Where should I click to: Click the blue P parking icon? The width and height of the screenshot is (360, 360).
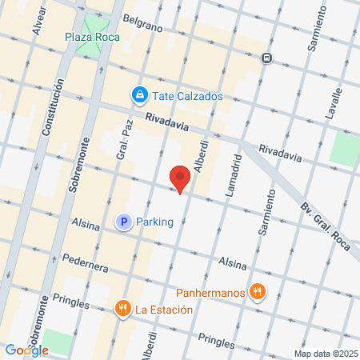pos(124,222)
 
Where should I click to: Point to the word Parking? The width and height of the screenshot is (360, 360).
pos(154,222)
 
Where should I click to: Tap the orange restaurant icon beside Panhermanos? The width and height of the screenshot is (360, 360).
pos(257,292)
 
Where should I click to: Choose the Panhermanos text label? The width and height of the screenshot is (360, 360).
pos(210,292)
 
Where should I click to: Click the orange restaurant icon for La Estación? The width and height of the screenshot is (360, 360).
pos(122,308)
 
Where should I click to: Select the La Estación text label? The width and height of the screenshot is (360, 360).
pos(164,309)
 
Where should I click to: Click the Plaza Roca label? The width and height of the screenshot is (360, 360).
pos(91,37)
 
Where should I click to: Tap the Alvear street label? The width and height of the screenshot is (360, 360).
pos(38,17)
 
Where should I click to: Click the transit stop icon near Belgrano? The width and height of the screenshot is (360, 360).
pos(266,58)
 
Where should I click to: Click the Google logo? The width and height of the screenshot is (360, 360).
pos(26,350)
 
